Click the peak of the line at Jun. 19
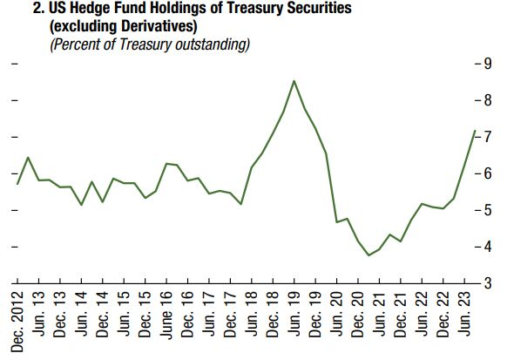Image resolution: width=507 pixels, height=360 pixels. pos(294,81)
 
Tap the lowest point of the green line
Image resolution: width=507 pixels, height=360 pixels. pos(368,255)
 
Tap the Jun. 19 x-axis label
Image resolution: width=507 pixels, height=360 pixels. pos(294,314)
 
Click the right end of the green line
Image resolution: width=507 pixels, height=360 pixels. pos(475,131)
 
